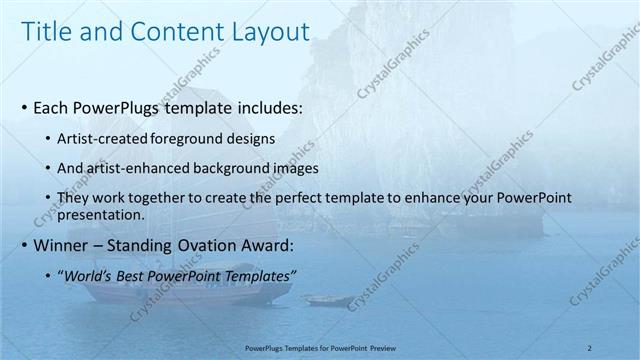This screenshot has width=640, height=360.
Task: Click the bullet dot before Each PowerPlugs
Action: (24, 106)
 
